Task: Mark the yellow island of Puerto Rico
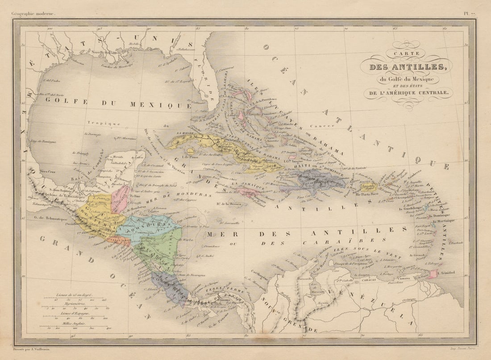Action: coord(367,187)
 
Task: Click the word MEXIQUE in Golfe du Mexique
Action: coord(160,105)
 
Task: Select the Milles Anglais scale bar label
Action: coord(75,323)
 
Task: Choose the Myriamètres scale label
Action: coord(75,303)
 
